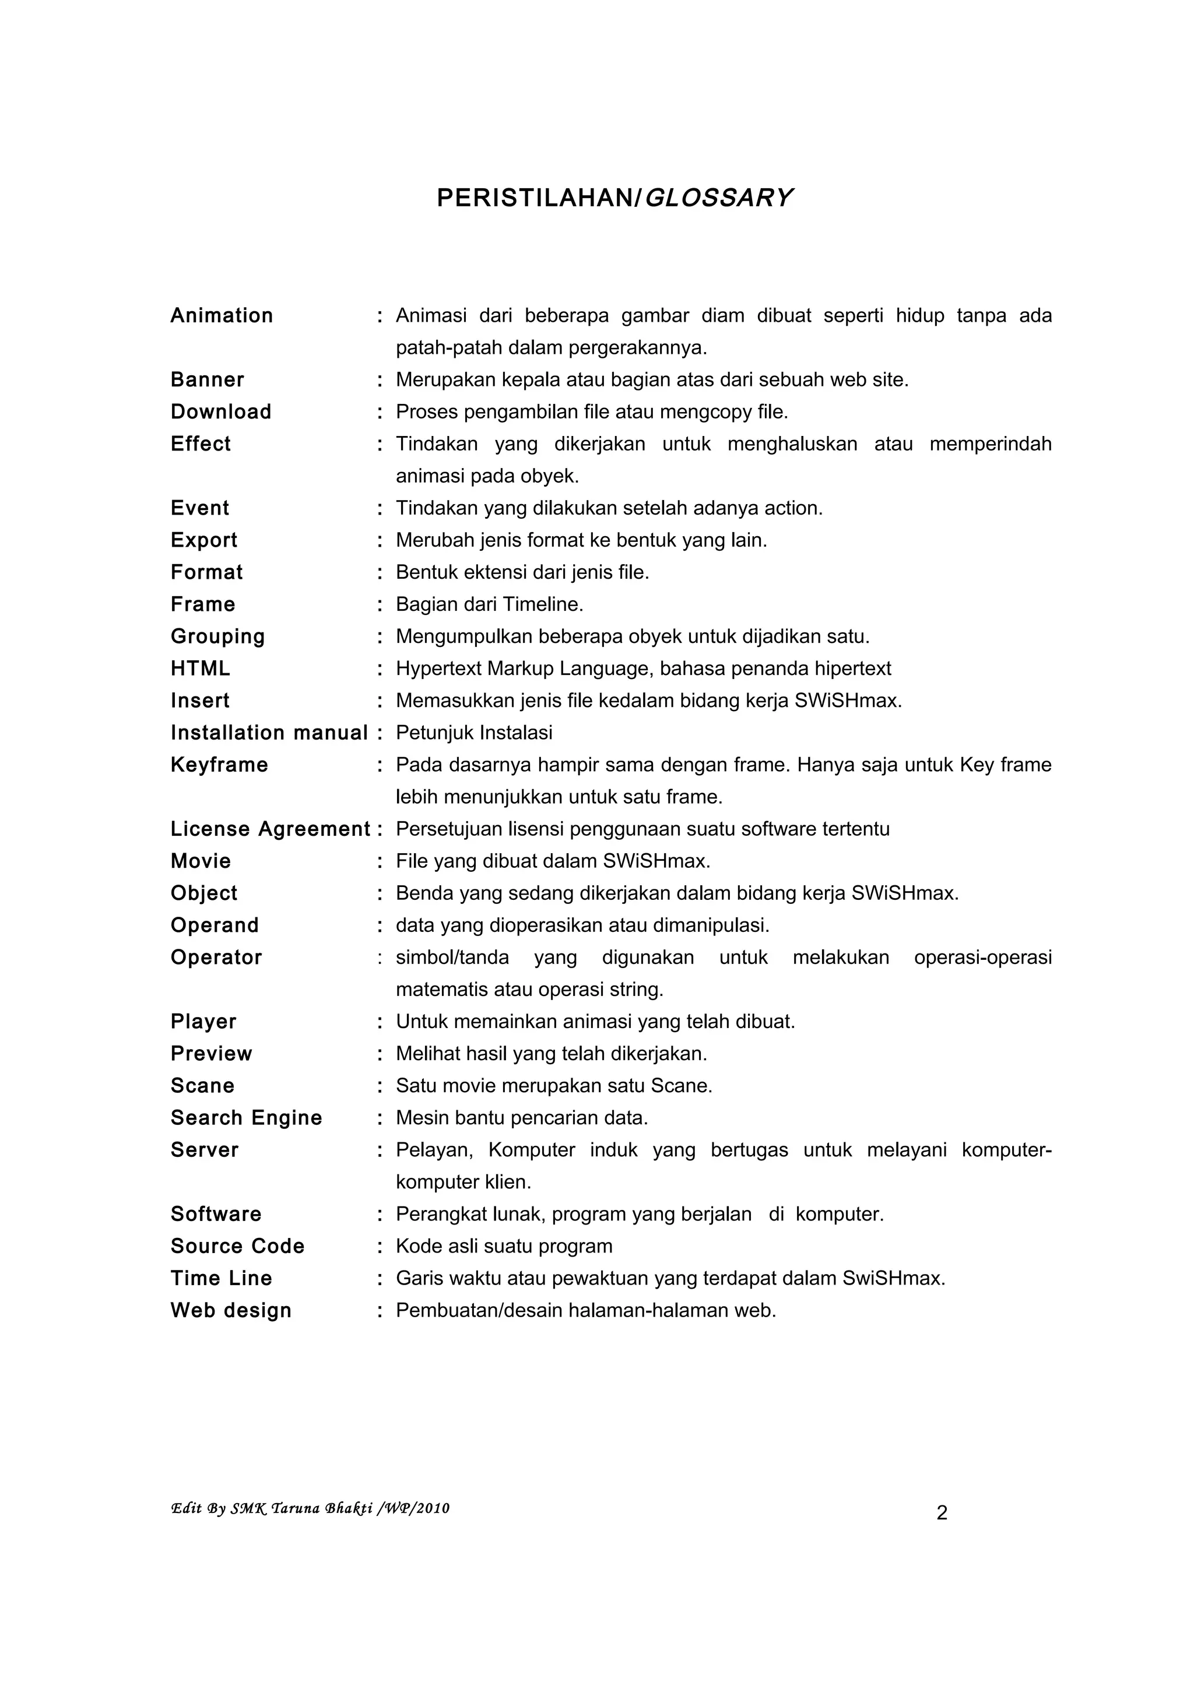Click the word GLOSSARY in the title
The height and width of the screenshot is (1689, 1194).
coord(718,198)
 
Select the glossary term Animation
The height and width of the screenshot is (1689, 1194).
coord(222,315)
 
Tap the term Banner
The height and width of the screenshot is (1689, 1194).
coord(208,379)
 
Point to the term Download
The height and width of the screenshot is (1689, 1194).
coord(221,412)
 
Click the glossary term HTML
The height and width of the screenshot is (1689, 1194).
coord(200,668)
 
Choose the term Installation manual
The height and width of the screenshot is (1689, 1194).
coord(269,733)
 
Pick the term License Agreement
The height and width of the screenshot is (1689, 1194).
coord(270,829)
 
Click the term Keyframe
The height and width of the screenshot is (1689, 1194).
coord(219,765)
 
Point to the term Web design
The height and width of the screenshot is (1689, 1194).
coord(231,1310)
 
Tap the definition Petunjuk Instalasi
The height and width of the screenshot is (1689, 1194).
coord(474,733)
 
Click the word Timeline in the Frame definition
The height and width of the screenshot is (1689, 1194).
coord(542,605)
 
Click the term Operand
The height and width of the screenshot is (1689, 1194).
coord(215,926)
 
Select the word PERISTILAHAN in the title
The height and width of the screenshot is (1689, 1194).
coord(536,198)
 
